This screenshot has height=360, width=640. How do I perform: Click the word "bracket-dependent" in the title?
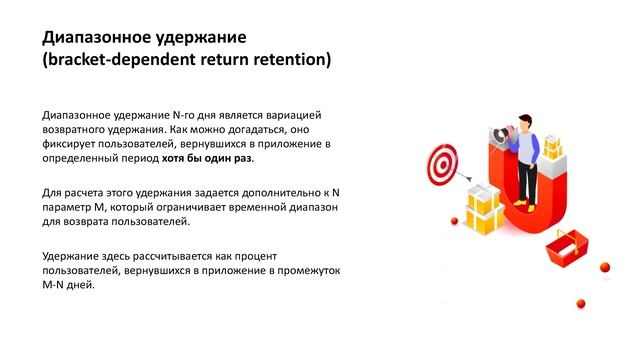pos(127,60)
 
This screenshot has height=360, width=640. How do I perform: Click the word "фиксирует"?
pos(69,144)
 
